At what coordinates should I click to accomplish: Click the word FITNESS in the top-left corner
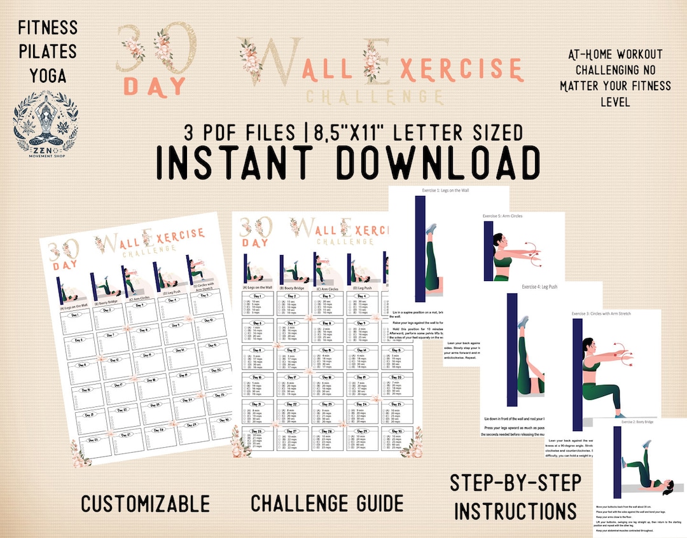[x=48, y=27]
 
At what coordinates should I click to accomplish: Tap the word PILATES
[x=48, y=51]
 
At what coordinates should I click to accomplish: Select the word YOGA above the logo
[x=48, y=75]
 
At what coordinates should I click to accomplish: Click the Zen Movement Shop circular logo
[x=47, y=120]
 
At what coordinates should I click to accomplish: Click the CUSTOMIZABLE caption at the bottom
[x=145, y=504]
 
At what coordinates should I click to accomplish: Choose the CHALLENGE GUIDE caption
[x=327, y=503]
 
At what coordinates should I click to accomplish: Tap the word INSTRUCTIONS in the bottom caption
[x=515, y=510]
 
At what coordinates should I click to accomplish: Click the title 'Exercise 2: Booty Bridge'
[x=642, y=422]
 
